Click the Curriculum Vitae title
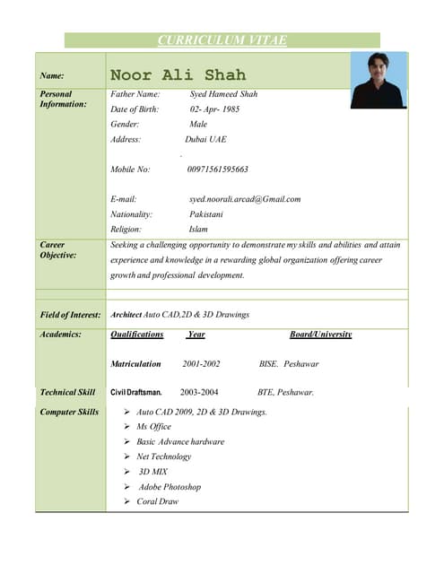coord(222,40)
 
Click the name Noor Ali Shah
coord(178,75)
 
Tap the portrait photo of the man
coord(378,80)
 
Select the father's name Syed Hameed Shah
coord(223,94)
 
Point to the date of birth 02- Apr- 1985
coord(214,109)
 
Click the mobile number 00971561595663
coord(218,169)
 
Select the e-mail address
coord(245,199)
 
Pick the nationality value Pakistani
coord(206,214)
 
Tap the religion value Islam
coord(198,230)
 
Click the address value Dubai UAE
coord(205,140)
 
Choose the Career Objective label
coord(59,249)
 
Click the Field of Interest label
coord(71,315)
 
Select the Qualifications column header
coord(136,335)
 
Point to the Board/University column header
coord(320,335)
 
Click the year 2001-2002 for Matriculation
coord(201,364)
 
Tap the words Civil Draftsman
coord(136,393)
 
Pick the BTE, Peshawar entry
coord(285,393)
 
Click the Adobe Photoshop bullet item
coord(170,487)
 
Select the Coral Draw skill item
coord(158,502)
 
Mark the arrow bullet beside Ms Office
coord(127,427)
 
